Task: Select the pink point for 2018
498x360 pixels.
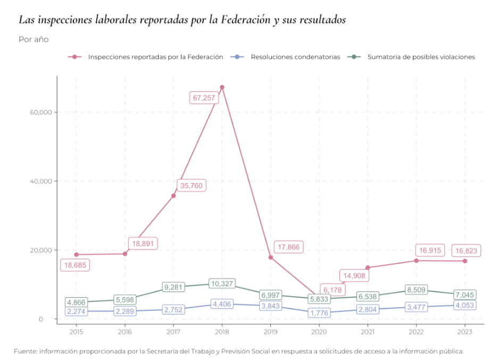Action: tap(222, 87)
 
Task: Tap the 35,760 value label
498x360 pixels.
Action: tap(190, 186)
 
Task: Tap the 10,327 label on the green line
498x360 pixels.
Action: tap(222, 284)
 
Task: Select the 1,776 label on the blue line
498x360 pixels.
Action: tap(319, 313)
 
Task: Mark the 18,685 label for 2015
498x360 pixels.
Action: tap(75, 265)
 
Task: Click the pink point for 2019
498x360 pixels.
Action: tap(270, 257)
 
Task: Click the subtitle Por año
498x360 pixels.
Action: tap(34, 39)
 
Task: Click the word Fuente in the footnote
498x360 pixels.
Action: tap(26, 351)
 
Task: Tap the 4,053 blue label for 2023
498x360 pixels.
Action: tap(465, 306)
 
